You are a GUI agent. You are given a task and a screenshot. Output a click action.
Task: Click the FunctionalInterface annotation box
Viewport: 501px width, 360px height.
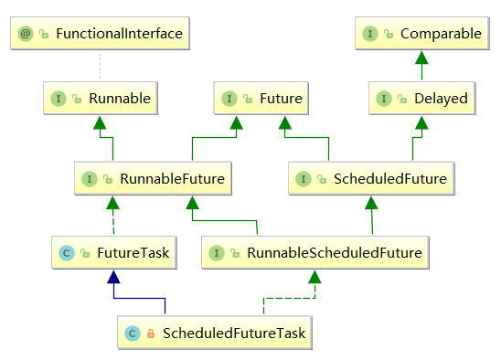click(101, 35)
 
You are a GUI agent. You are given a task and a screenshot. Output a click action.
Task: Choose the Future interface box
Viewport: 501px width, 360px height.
click(261, 98)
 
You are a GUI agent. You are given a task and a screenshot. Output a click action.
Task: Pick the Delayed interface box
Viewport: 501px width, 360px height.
click(421, 98)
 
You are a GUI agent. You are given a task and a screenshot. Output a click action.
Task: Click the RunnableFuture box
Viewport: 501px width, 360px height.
click(152, 179)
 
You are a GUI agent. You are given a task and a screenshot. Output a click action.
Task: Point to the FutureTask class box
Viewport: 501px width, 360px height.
click(112, 250)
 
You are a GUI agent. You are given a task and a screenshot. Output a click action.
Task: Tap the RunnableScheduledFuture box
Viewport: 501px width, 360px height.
click(315, 250)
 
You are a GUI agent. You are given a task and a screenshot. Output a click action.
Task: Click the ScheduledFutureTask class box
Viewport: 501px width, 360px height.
click(216, 334)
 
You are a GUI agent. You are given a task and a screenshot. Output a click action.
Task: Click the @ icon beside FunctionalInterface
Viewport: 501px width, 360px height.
click(27, 35)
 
